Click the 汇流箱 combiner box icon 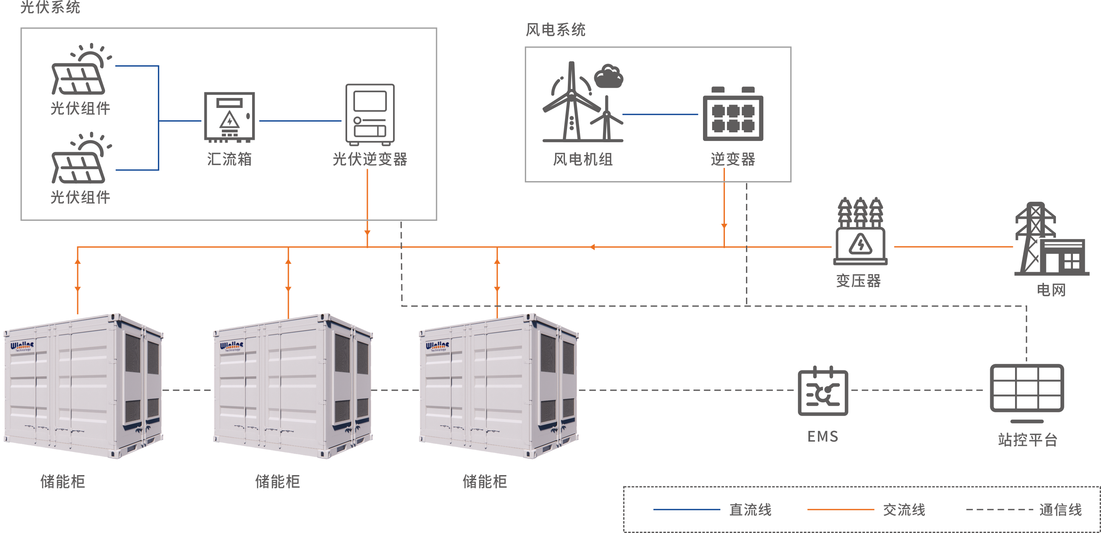229,117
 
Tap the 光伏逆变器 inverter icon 370,114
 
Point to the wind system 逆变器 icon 733,115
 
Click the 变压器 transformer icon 860,232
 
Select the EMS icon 823,391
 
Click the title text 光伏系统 50,7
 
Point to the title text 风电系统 555,30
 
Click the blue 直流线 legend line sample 686,509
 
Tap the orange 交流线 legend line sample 840,509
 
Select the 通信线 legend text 1060,510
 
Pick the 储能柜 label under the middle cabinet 277,482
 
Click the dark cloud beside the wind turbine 609,76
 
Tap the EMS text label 823,437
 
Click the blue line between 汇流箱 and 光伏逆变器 300,121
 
